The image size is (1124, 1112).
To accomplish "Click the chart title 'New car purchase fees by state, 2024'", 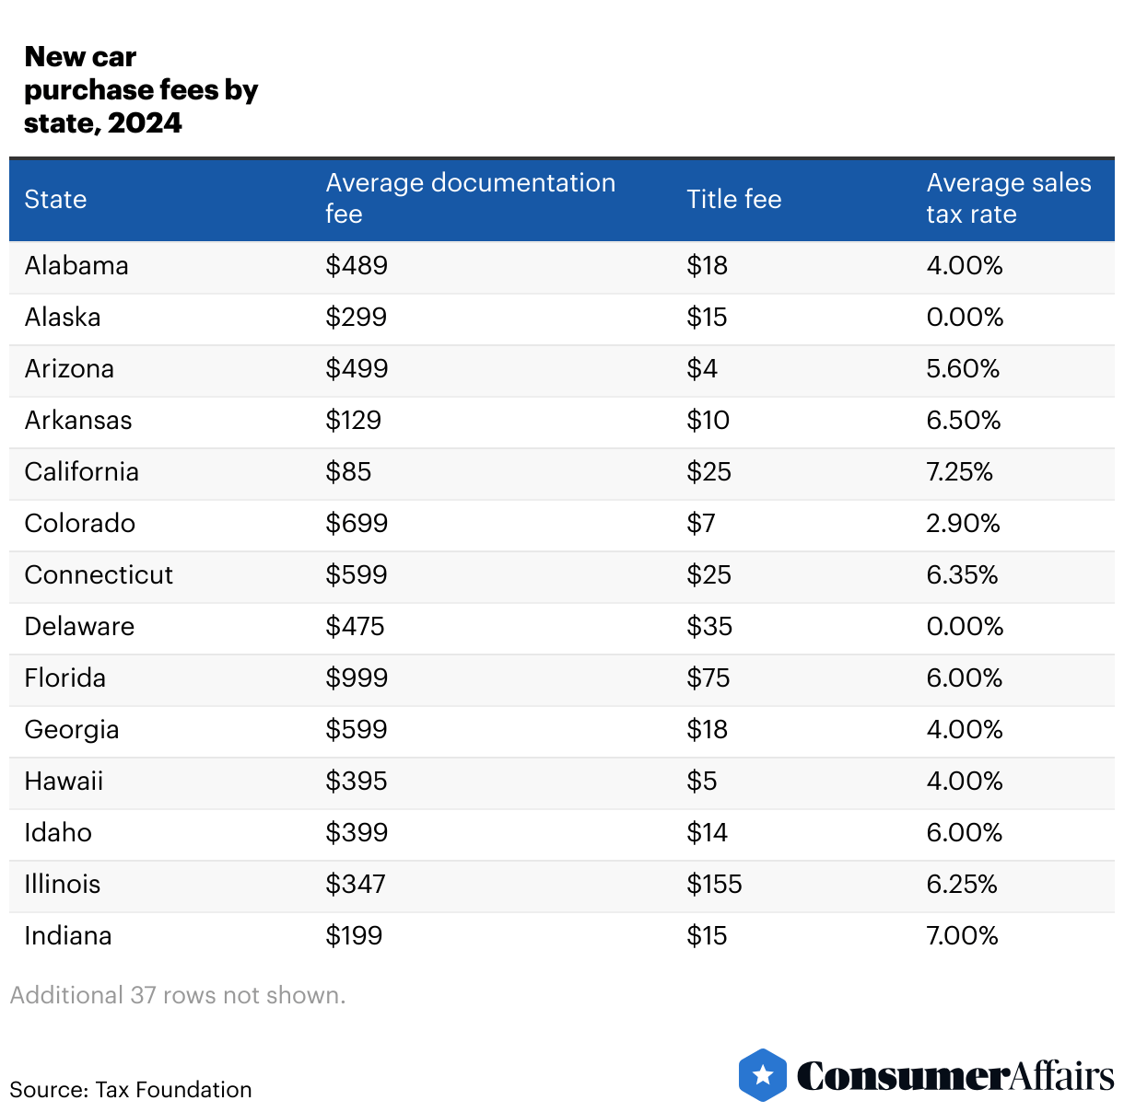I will [x=140, y=90].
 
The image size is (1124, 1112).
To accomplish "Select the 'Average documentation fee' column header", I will [x=470, y=198].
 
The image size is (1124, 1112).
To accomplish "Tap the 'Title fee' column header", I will [x=733, y=199].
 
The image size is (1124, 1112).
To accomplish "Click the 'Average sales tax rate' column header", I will [x=1008, y=198].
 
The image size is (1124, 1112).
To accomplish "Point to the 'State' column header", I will [x=55, y=199].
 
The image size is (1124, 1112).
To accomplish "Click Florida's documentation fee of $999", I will [x=357, y=678].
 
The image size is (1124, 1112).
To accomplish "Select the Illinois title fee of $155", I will [x=714, y=884].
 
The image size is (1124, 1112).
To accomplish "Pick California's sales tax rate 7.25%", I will [x=959, y=471].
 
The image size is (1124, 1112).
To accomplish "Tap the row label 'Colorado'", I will [x=79, y=523].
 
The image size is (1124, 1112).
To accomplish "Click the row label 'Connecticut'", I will [x=99, y=574].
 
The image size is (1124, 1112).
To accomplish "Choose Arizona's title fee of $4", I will [x=702, y=368].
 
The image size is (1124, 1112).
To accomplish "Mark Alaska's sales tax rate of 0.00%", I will [x=965, y=317].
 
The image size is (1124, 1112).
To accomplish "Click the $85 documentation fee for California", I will [x=348, y=471].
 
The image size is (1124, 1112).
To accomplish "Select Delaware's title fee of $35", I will [x=709, y=626].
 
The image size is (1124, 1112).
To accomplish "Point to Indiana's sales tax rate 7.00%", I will [x=962, y=935].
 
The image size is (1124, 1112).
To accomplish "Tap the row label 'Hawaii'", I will [x=64, y=781].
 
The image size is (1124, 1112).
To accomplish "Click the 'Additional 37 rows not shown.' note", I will [x=178, y=995].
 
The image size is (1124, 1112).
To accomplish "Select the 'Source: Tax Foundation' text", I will [x=131, y=1089].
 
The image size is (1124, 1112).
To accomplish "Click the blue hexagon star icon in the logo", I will [x=763, y=1074].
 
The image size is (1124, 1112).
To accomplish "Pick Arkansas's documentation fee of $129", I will [x=353, y=420].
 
